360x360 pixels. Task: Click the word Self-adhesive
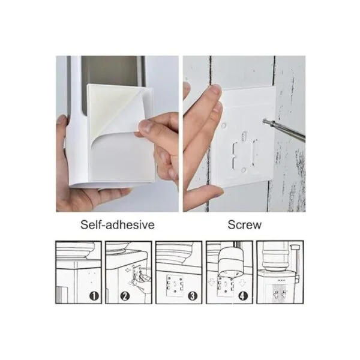click(x=118, y=224)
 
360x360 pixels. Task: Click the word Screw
click(x=245, y=224)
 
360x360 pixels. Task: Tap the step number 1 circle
click(x=94, y=296)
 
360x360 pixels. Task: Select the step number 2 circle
click(x=125, y=296)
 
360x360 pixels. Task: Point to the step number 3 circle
click(x=193, y=296)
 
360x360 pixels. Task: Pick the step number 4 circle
click(x=243, y=296)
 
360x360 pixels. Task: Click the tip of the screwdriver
click(x=265, y=121)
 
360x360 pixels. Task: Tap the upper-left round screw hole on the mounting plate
click(x=223, y=125)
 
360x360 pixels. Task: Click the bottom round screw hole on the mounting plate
click(x=244, y=170)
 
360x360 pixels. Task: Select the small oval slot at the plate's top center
click(x=244, y=136)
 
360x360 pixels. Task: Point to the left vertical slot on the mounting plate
click(x=235, y=155)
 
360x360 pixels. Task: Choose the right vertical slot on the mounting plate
click(x=254, y=152)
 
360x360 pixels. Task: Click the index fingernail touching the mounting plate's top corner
click(x=215, y=89)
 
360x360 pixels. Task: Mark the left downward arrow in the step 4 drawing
click(x=211, y=282)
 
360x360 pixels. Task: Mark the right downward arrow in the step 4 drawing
click(x=242, y=283)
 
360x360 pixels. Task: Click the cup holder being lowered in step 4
click(x=230, y=261)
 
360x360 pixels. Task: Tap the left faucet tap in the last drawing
click(x=277, y=293)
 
